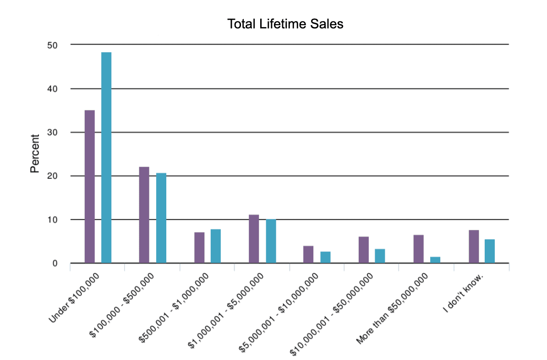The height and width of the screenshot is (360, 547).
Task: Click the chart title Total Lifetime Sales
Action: coord(285,24)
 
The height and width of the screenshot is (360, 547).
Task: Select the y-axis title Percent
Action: coord(35,153)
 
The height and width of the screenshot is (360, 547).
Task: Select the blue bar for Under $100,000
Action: coord(106,158)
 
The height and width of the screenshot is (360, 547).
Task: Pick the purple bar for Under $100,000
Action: coord(90,186)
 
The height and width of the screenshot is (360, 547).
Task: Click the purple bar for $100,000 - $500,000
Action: coord(144,215)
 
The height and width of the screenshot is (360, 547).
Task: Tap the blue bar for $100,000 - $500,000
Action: coord(161,218)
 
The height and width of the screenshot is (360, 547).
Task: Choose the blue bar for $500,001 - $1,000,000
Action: coord(216,246)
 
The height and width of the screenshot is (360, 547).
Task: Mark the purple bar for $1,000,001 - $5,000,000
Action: coord(254,239)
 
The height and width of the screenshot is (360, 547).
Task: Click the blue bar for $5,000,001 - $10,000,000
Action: coord(325,257)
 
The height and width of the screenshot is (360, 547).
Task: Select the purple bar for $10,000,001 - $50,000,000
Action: coord(363,250)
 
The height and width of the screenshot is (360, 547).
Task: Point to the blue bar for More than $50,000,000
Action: coord(435,260)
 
